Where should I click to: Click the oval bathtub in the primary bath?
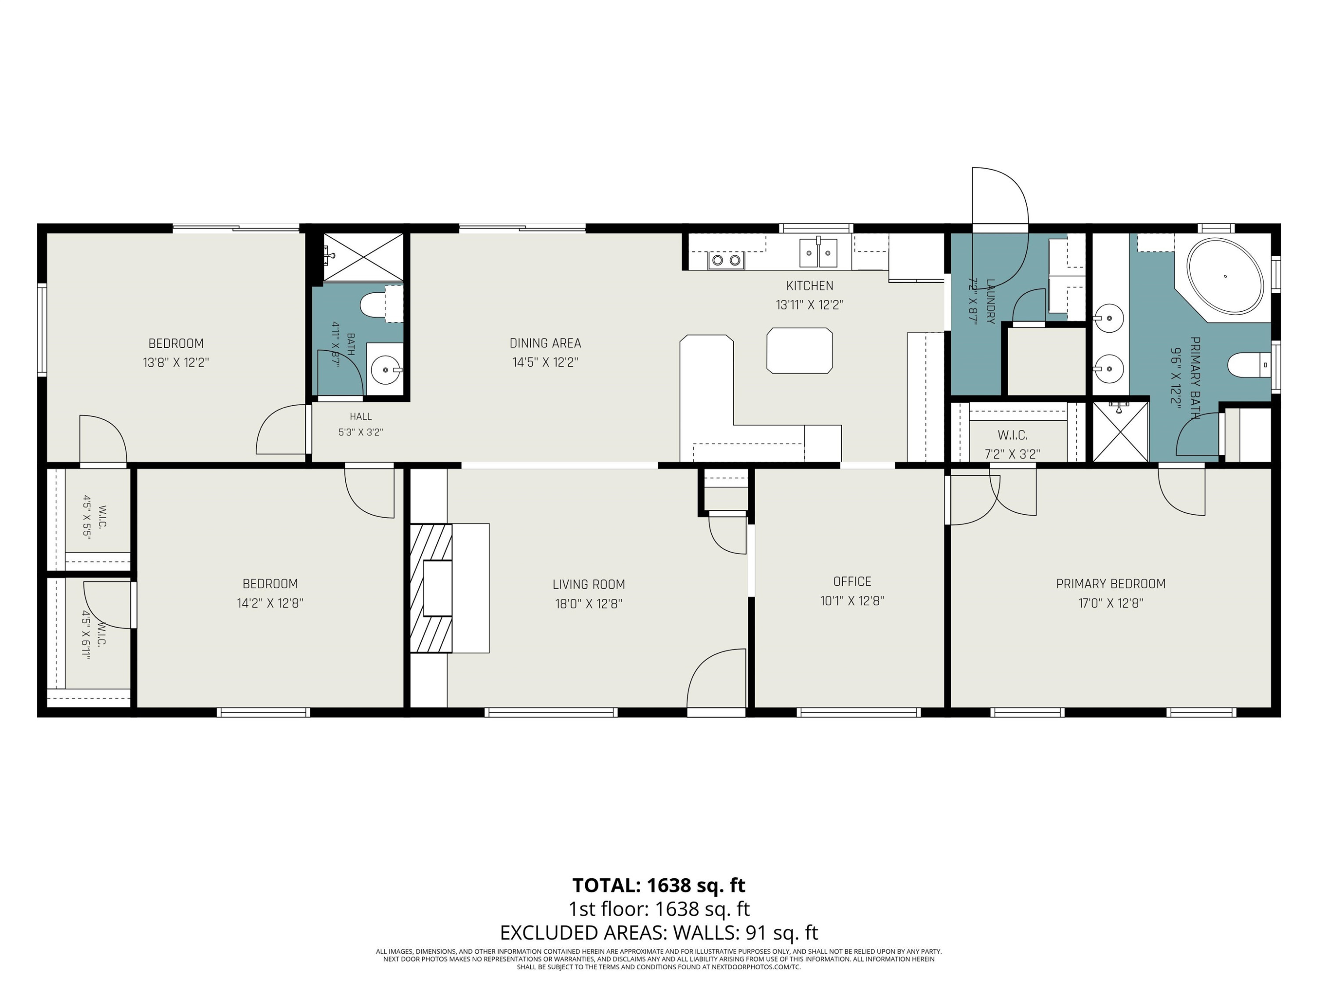point(1224,276)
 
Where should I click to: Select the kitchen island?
point(799,350)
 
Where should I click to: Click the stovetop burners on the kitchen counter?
point(726,260)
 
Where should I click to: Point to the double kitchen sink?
point(818,252)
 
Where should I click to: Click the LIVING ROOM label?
point(589,584)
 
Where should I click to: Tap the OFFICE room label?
point(852,581)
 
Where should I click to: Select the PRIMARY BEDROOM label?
point(1111,584)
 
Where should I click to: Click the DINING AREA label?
point(545,343)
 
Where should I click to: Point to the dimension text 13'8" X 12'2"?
point(176,363)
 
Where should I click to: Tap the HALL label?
point(361,416)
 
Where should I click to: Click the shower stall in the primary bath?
point(1120,432)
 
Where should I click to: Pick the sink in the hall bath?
point(385,370)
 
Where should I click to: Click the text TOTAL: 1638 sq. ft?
point(659,885)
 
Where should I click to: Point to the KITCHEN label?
point(809,286)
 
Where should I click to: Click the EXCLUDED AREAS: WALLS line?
point(659,932)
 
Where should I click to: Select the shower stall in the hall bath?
point(363,257)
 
